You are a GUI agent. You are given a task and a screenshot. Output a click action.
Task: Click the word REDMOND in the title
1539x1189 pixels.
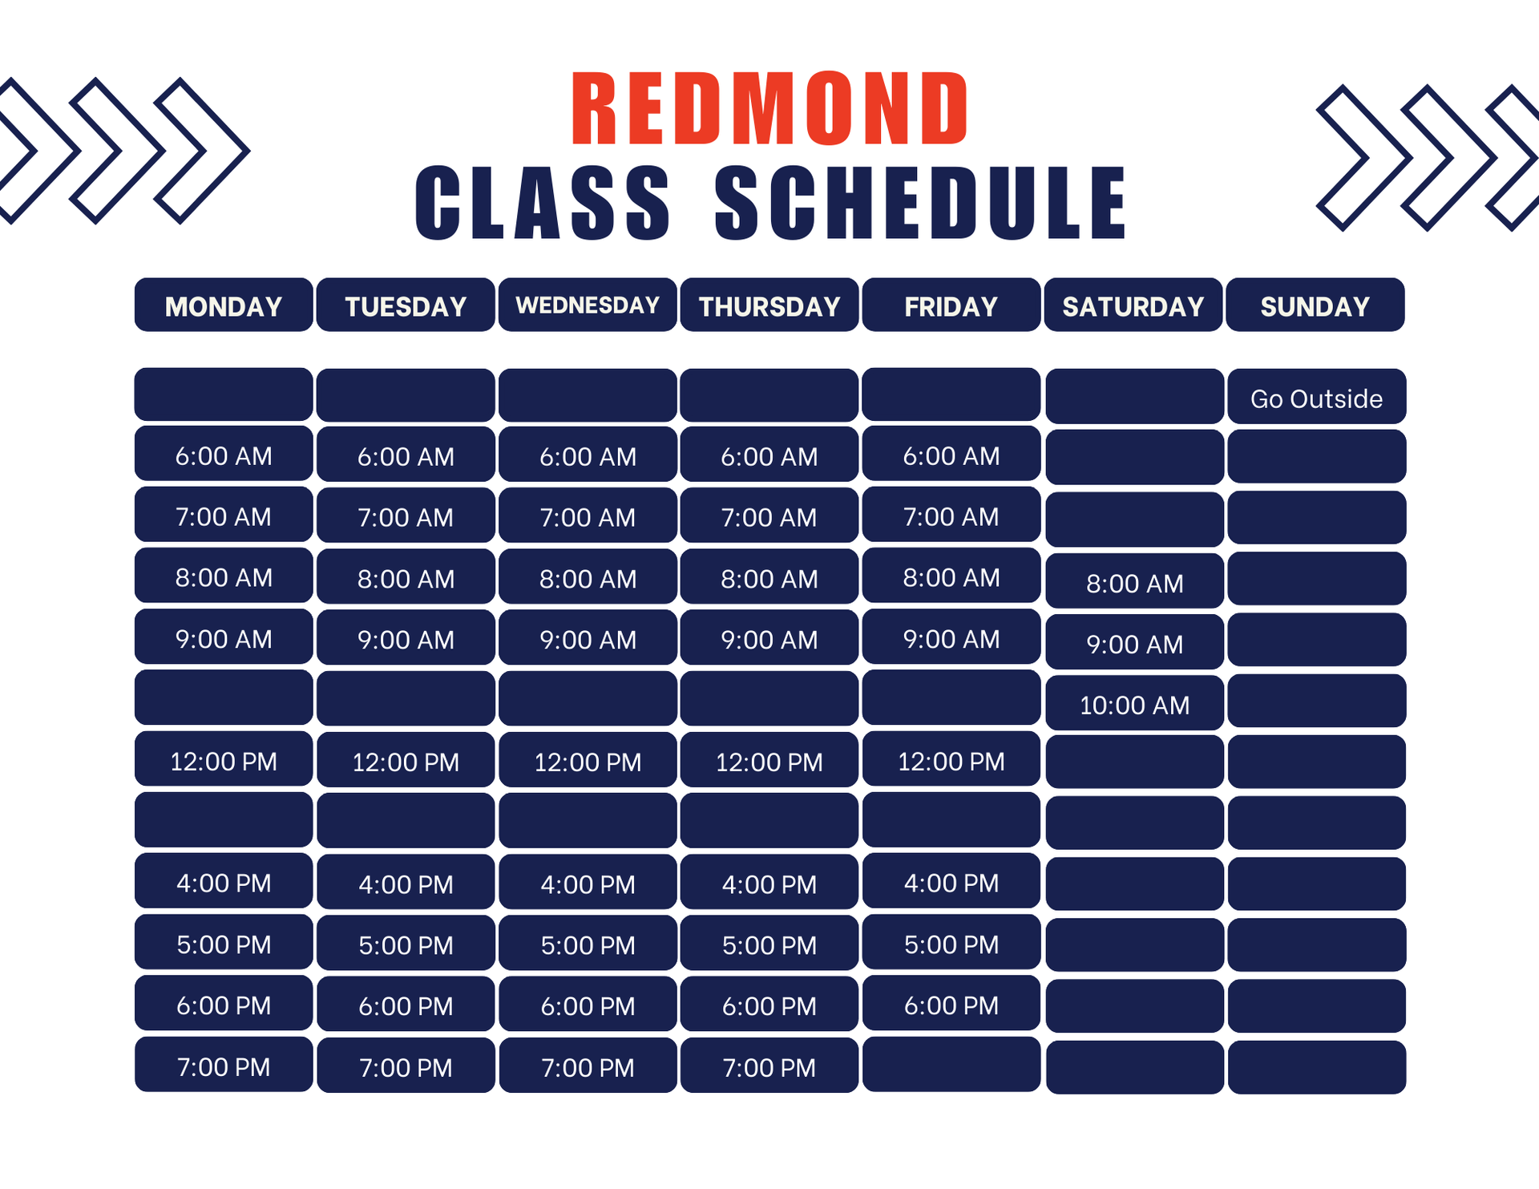769,108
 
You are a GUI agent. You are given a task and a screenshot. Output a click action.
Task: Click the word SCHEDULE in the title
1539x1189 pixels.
920,203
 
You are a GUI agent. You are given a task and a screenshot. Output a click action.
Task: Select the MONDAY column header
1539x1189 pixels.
224,305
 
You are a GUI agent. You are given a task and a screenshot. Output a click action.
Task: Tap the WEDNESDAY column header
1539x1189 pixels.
588,305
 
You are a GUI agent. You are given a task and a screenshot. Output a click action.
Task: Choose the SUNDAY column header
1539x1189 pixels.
1315,305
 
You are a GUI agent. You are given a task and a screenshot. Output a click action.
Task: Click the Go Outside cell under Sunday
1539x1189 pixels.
1317,397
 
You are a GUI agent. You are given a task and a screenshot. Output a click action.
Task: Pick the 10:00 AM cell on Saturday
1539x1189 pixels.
1135,703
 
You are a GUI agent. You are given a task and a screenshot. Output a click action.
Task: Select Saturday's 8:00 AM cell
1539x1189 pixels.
1135,581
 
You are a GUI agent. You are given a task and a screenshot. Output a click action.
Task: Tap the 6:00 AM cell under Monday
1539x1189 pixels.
224,454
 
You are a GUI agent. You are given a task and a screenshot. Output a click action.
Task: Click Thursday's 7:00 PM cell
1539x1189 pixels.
769,1066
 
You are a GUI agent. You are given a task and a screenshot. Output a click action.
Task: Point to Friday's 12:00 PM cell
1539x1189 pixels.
951,759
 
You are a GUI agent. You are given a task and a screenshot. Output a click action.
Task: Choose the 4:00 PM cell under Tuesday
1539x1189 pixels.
406,882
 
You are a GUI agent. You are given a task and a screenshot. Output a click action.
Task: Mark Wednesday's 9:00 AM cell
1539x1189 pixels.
588,637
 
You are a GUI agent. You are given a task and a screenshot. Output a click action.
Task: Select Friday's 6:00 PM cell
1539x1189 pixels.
951,1004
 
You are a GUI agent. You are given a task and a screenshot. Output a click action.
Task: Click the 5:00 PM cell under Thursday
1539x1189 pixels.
769,943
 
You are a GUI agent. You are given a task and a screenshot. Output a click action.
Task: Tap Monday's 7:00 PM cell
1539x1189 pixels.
224,1065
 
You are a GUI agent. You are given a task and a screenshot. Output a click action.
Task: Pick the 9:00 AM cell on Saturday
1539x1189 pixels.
1135,642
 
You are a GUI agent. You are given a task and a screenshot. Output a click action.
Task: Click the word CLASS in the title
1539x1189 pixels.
543,203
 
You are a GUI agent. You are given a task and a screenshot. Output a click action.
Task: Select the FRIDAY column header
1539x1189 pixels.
951,305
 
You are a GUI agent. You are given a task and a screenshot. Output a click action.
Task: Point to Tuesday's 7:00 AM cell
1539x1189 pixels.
406,516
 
